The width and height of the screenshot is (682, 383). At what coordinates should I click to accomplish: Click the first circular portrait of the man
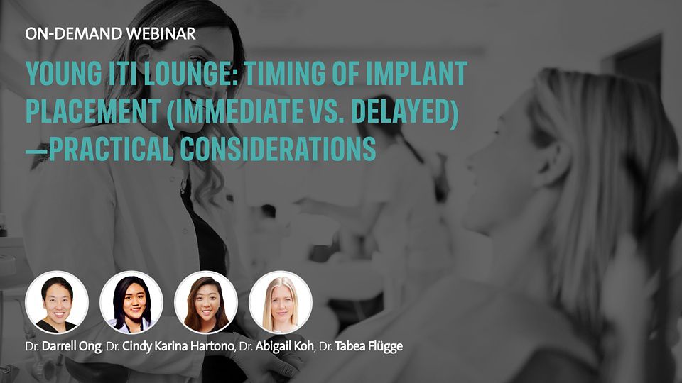pos(57,303)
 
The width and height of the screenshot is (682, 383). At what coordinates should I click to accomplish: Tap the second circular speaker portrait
pos(131,303)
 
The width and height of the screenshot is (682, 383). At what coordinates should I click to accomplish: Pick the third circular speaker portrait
pos(206,303)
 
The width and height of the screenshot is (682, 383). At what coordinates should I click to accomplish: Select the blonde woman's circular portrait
pos(281,303)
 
